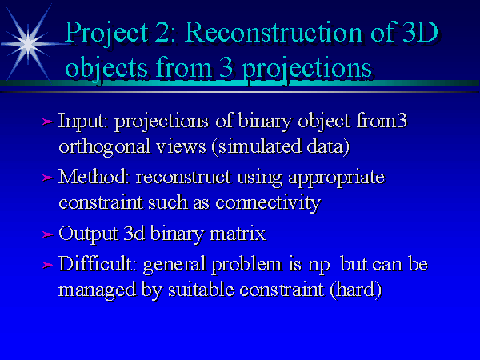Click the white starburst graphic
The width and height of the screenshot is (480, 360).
(x=28, y=44)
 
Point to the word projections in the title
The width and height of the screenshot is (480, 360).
(x=307, y=68)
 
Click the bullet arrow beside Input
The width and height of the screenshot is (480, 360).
(x=47, y=122)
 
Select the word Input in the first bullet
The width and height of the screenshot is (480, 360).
(x=82, y=122)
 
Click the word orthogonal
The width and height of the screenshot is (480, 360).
(x=104, y=147)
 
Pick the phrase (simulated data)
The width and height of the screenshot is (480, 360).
(x=281, y=146)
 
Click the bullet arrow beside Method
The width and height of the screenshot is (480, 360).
(x=47, y=178)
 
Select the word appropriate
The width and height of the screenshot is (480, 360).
(x=336, y=178)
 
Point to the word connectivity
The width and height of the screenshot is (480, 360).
(x=268, y=203)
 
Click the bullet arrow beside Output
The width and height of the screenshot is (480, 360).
(x=47, y=234)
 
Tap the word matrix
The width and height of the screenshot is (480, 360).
(x=238, y=234)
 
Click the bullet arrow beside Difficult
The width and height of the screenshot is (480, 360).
(x=47, y=265)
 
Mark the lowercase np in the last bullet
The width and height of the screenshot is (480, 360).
(x=318, y=266)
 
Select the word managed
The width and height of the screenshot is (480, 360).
(x=97, y=290)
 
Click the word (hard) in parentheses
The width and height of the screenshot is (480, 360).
(x=356, y=290)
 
